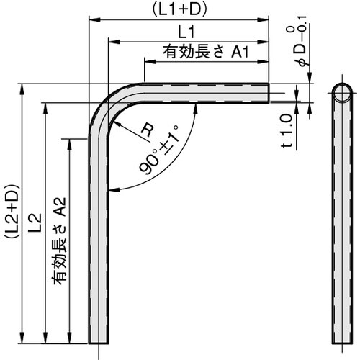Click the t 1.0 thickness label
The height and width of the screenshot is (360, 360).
(x=287, y=131)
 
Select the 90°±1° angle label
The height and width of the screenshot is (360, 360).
(x=160, y=152)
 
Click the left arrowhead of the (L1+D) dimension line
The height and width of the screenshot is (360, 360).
(x=93, y=19)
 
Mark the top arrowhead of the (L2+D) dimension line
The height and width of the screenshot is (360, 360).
(x=23, y=89)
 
